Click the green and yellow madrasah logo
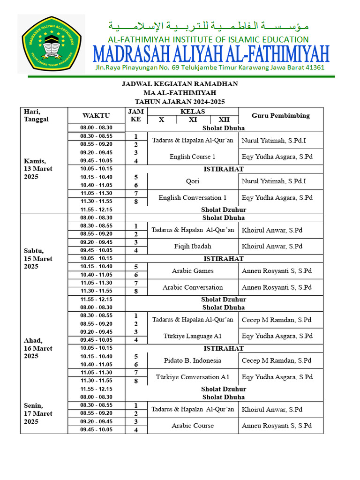pos(51,44)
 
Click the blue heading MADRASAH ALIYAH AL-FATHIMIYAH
pos(211,54)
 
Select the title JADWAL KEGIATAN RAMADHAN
pos(180,84)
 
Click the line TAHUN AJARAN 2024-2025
pos(180,101)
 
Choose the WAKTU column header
pos(96,115)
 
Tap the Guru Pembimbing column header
pos(280,115)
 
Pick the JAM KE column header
pos(136,115)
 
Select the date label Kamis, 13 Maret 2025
pos(38,169)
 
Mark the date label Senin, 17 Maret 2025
pos(38,413)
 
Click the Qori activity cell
pos(193,181)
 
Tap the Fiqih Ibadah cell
pos(193,246)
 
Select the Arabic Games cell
pos(193,271)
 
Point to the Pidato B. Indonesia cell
pos(193,360)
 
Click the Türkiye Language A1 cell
pos(193,336)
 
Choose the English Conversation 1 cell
pos(193,198)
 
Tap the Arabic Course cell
pos(193,426)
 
